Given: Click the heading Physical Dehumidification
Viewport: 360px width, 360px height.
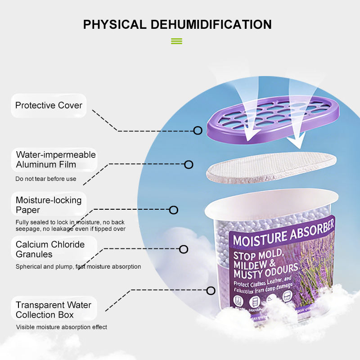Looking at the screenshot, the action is pyautogui.click(x=177, y=24).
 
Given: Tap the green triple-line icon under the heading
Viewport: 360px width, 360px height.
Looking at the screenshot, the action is pyautogui.click(x=176, y=41).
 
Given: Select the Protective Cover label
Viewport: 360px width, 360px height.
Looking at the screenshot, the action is pyautogui.click(x=49, y=105).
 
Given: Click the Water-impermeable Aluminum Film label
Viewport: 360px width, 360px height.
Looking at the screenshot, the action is pyautogui.click(x=55, y=160).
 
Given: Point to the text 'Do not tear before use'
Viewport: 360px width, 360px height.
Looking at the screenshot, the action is pyautogui.click(x=46, y=179).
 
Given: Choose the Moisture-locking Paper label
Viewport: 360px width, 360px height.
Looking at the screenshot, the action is pyautogui.click(x=49, y=205).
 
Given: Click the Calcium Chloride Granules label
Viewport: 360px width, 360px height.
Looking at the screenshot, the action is pyautogui.click(x=50, y=249).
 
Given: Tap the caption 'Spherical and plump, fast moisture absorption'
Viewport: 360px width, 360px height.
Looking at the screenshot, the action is pyautogui.click(x=78, y=266).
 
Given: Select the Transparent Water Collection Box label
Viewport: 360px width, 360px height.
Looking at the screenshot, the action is pyautogui.click(x=53, y=310).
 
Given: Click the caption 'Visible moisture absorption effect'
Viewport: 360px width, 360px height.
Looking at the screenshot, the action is pyautogui.click(x=62, y=327).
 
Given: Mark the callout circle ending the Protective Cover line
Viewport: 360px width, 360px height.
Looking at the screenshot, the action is pyautogui.click(x=198, y=130).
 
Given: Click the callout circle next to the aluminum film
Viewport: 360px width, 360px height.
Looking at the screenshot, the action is pyautogui.click(x=189, y=165).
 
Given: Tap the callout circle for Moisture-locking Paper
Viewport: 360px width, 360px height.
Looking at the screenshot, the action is pyautogui.click(x=174, y=210).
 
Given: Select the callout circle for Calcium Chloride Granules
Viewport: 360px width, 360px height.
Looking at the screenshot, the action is pyautogui.click(x=184, y=249).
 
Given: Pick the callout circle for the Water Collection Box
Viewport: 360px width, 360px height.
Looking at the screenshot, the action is pyautogui.click(x=211, y=291).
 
